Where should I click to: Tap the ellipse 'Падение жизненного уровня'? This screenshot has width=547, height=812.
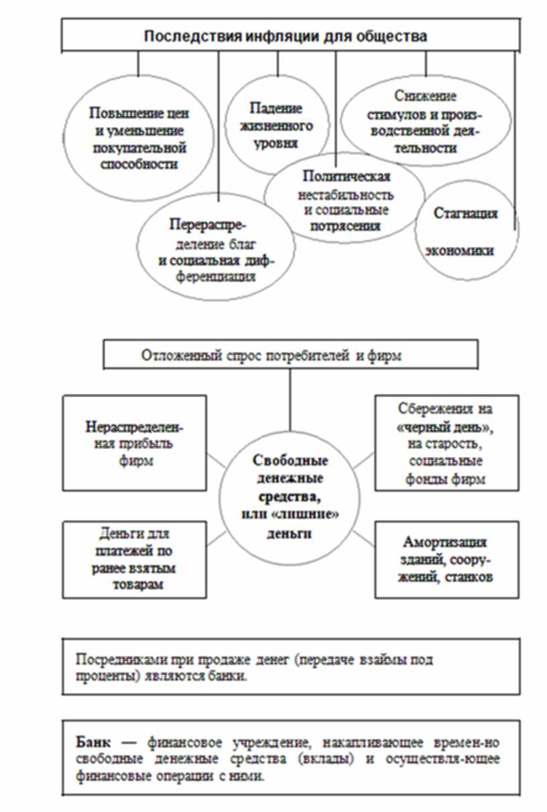[x=276, y=126]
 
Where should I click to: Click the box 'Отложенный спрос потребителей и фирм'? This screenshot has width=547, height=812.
[x=290, y=354]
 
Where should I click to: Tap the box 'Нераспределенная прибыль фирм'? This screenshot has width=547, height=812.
[x=134, y=443]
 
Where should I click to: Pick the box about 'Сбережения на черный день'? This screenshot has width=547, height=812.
[x=439, y=443]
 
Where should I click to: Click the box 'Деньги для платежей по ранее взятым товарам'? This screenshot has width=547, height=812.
[x=134, y=560]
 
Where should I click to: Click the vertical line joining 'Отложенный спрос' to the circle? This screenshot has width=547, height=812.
[x=290, y=399]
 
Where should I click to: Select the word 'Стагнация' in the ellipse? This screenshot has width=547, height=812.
[x=465, y=214]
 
